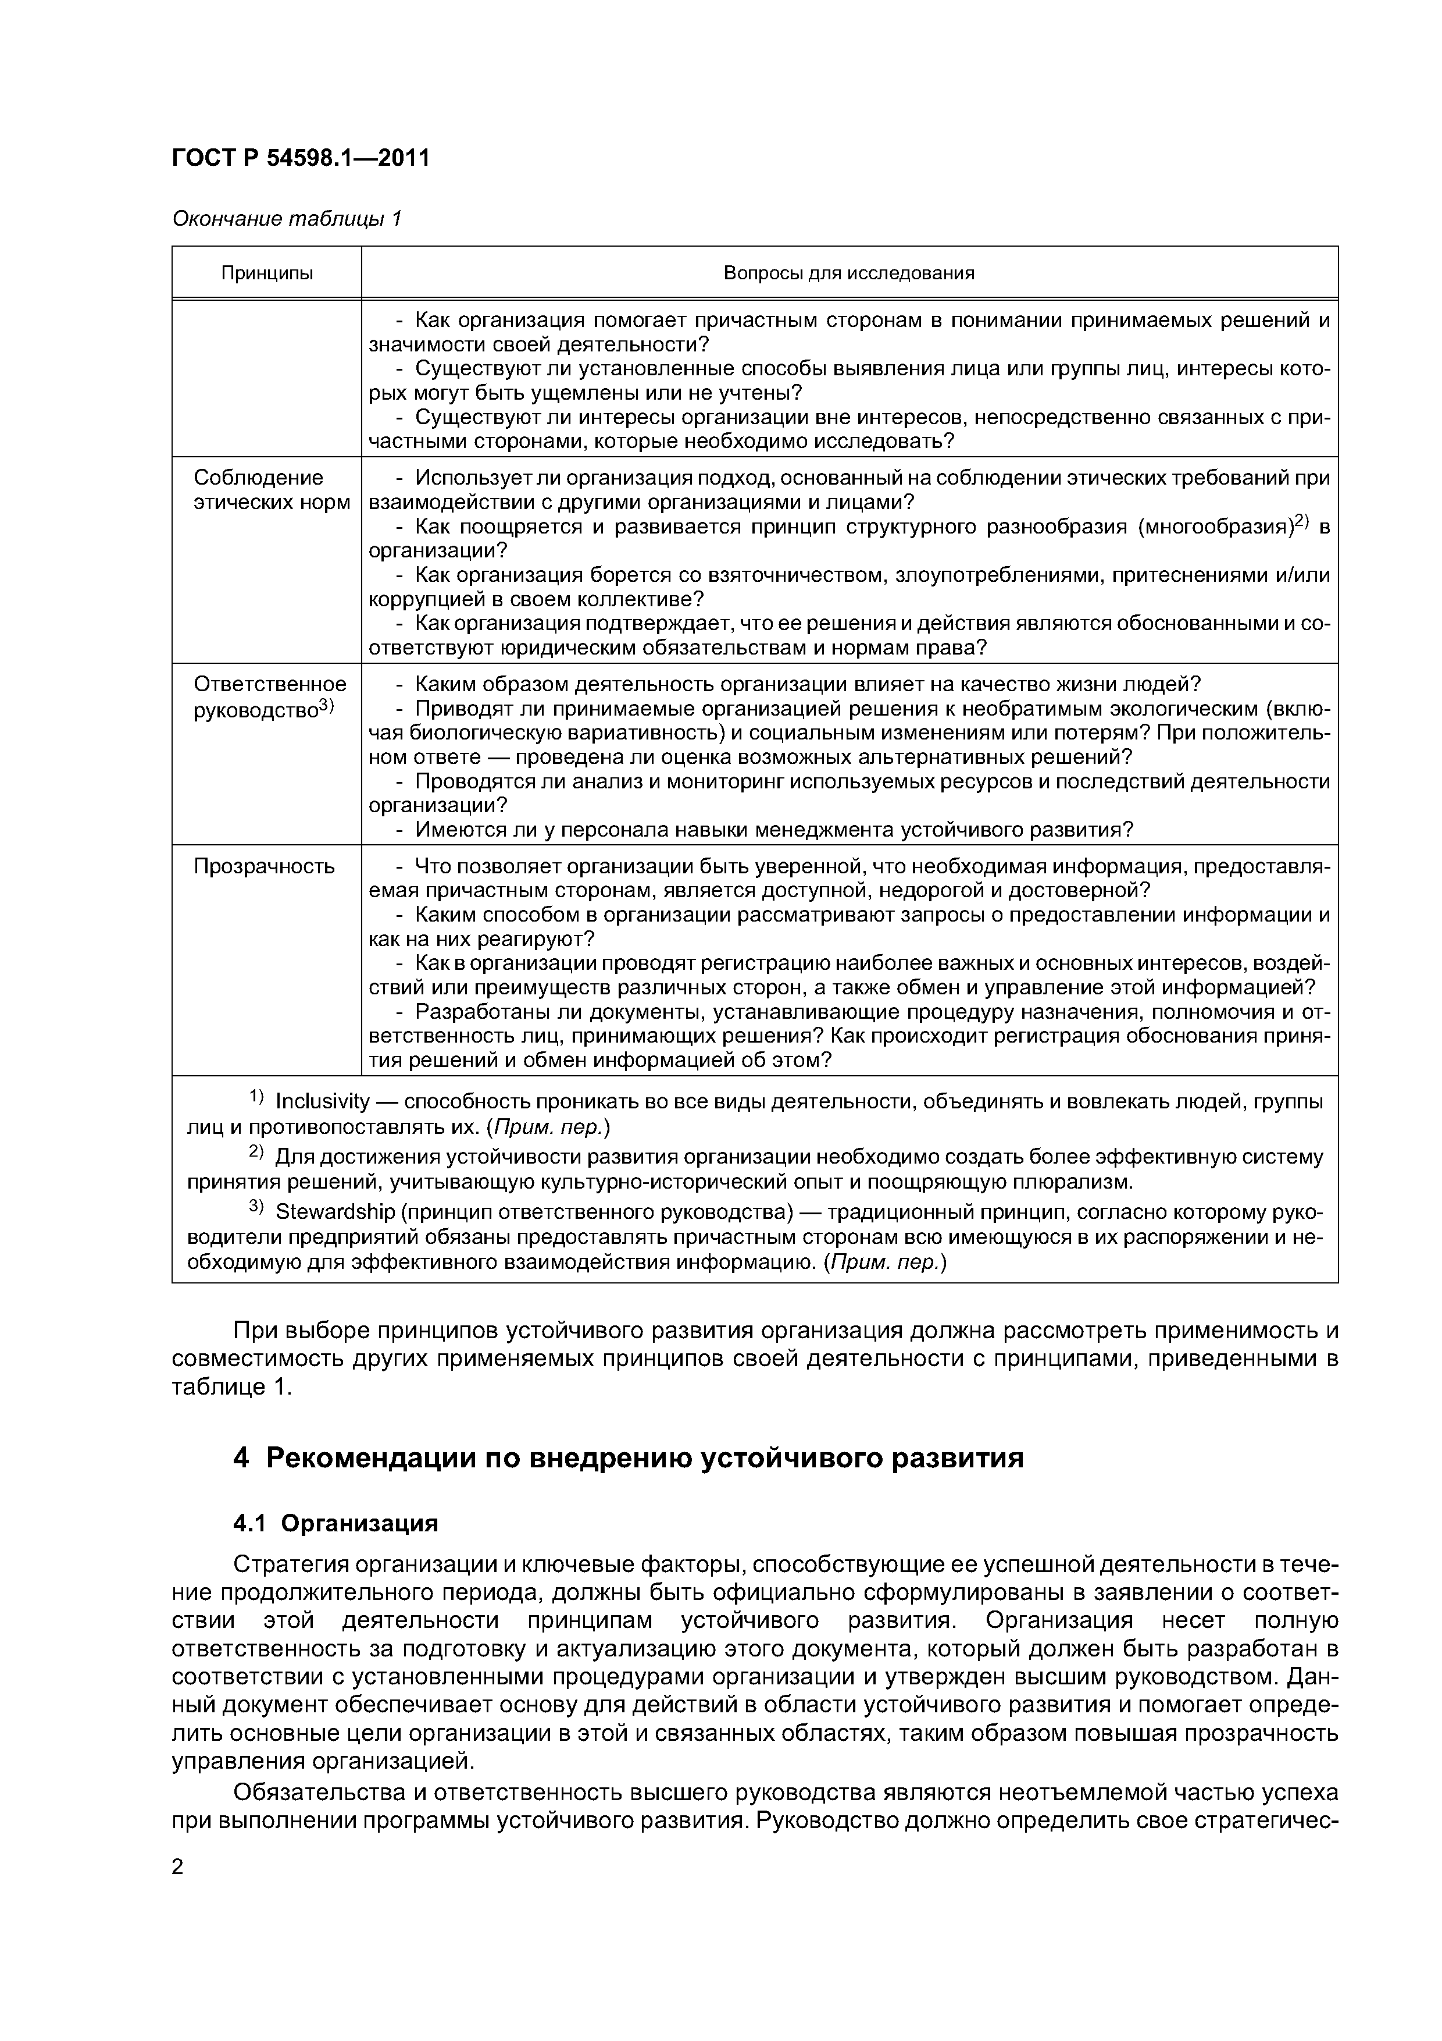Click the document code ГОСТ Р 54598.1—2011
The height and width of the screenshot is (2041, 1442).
[300, 158]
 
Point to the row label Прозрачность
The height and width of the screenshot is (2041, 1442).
[264, 867]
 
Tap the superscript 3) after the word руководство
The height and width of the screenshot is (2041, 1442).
[326, 706]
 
